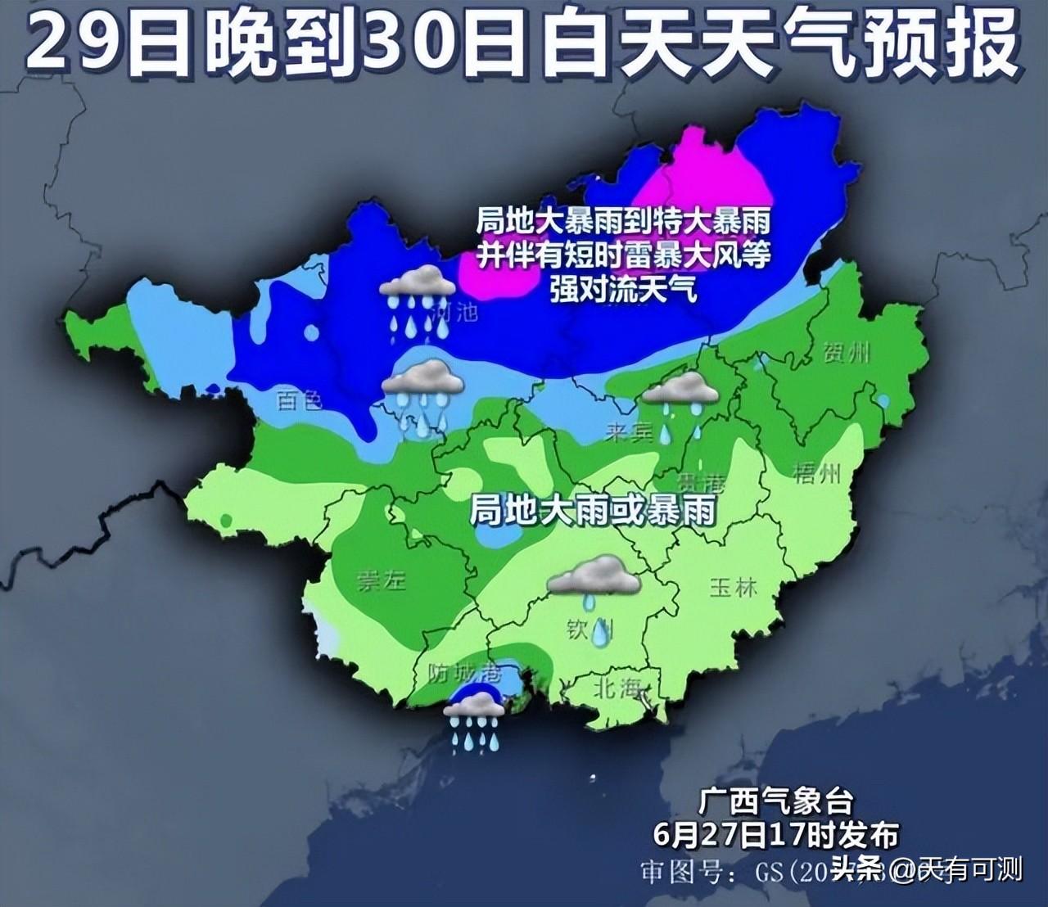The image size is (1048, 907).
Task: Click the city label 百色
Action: [x=299, y=399]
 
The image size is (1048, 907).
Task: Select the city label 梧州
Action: [x=816, y=472]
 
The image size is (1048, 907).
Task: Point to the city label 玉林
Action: [x=733, y=586]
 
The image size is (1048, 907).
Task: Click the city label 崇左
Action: [x=381, y=580]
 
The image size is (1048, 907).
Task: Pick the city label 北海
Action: [x=617, y=688]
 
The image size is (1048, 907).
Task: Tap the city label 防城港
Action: [x=464, y=674]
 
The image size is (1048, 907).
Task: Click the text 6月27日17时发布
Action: [x=776, y=834]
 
